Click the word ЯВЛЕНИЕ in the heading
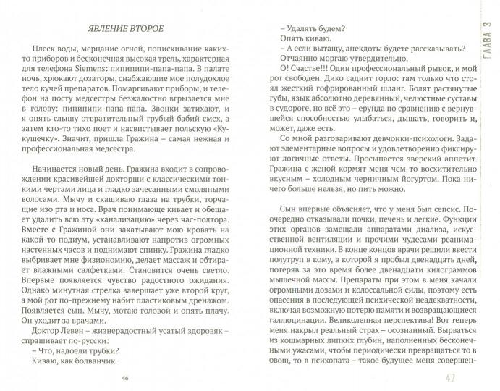pos(110,29)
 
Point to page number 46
pos(127,377)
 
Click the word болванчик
pos(86,355)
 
